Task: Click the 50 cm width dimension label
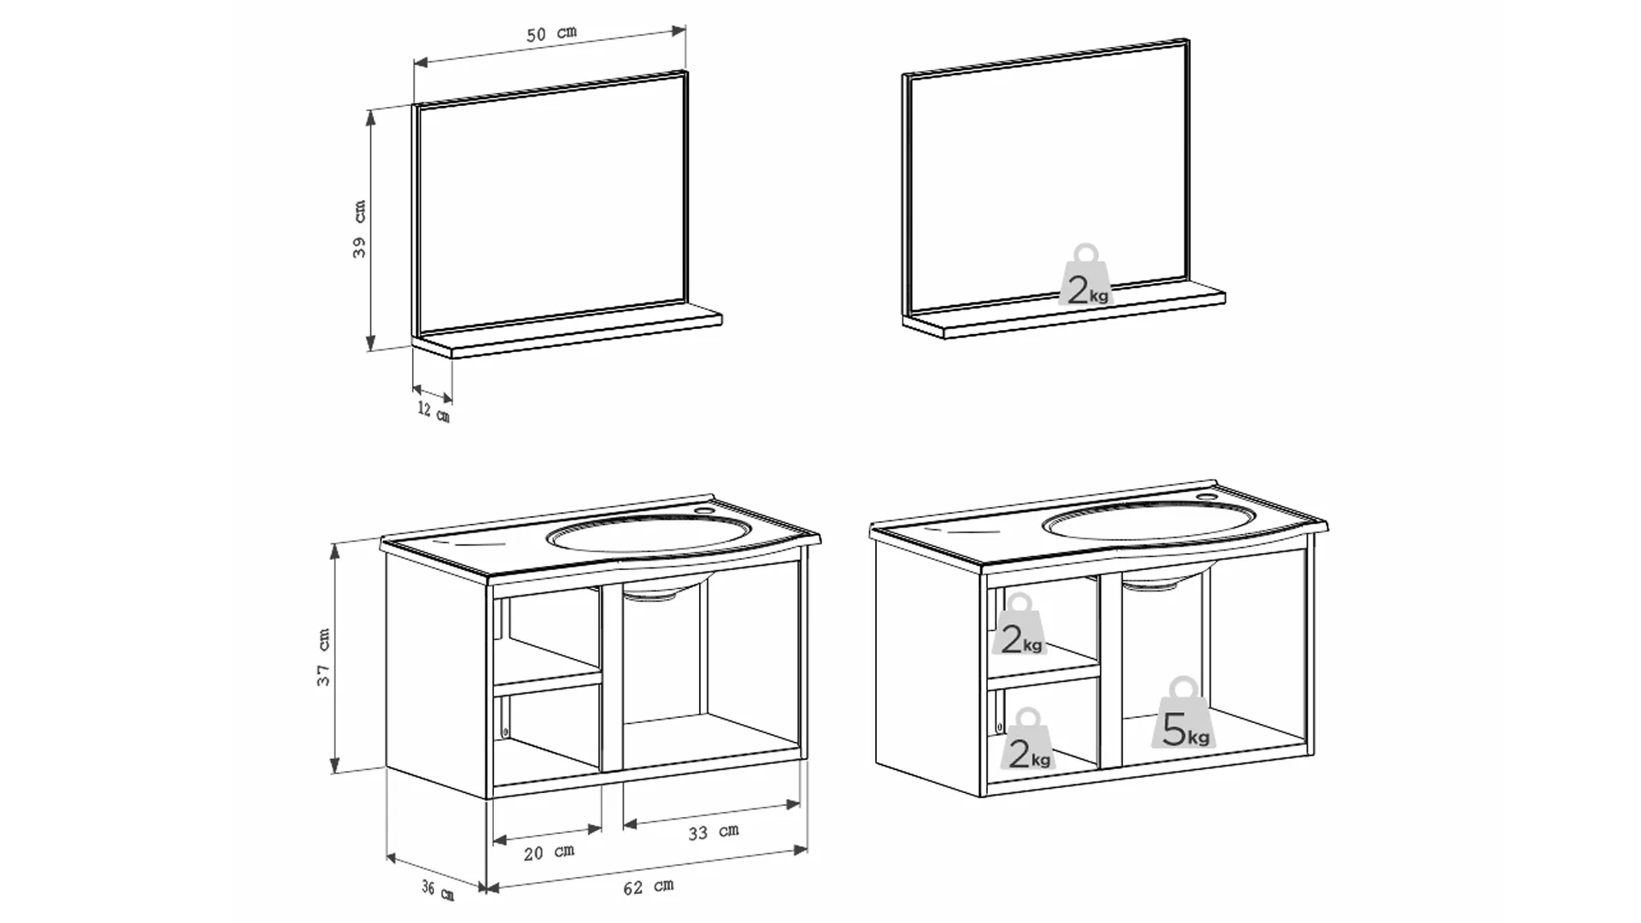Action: click(x=551, y=33)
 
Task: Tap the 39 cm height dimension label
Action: click(x=360, y=229)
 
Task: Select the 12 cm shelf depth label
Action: click(x=433, y=411)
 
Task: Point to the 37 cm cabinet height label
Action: click(x=324, y=657)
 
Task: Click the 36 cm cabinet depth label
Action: click(x=437, y=890)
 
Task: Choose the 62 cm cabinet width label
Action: click(x=648, y=887)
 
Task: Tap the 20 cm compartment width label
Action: click(x=549, y=852)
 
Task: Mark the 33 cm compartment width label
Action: click(x=714, y=832)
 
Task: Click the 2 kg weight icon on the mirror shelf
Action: click(x=1085, y=277)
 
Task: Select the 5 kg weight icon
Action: click(x=1185, y=714)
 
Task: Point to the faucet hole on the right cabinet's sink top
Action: click(x=1206, y=496)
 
